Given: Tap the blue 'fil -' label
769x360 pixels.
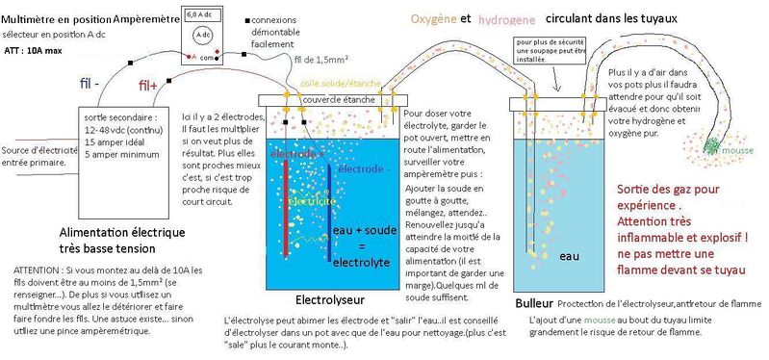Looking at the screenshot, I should click(89, 83).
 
